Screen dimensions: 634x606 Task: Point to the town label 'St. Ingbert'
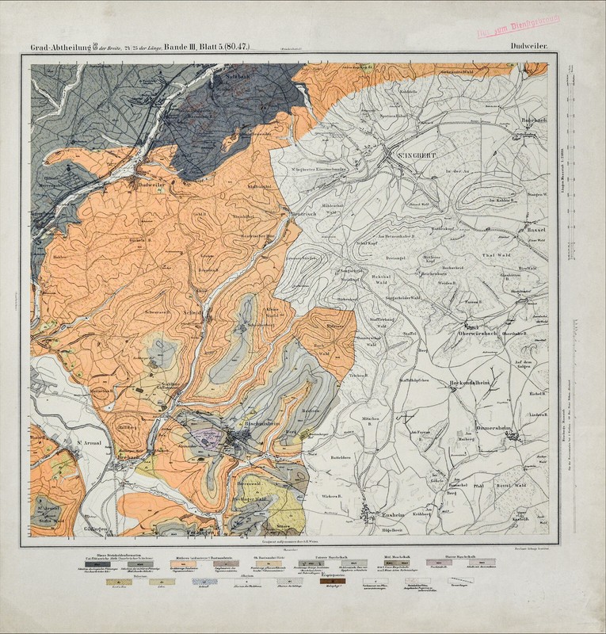tap(413, 157)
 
